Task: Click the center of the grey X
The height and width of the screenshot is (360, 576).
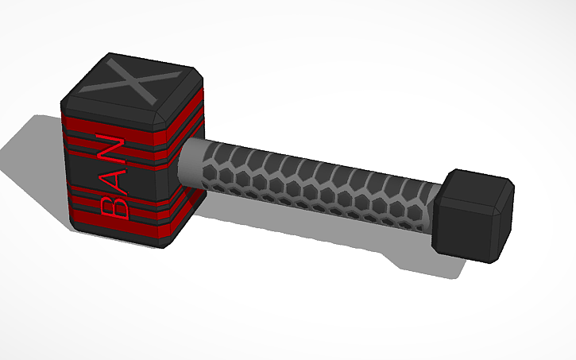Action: pos(133,83)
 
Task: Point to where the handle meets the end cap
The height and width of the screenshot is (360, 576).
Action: pos(437,211)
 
